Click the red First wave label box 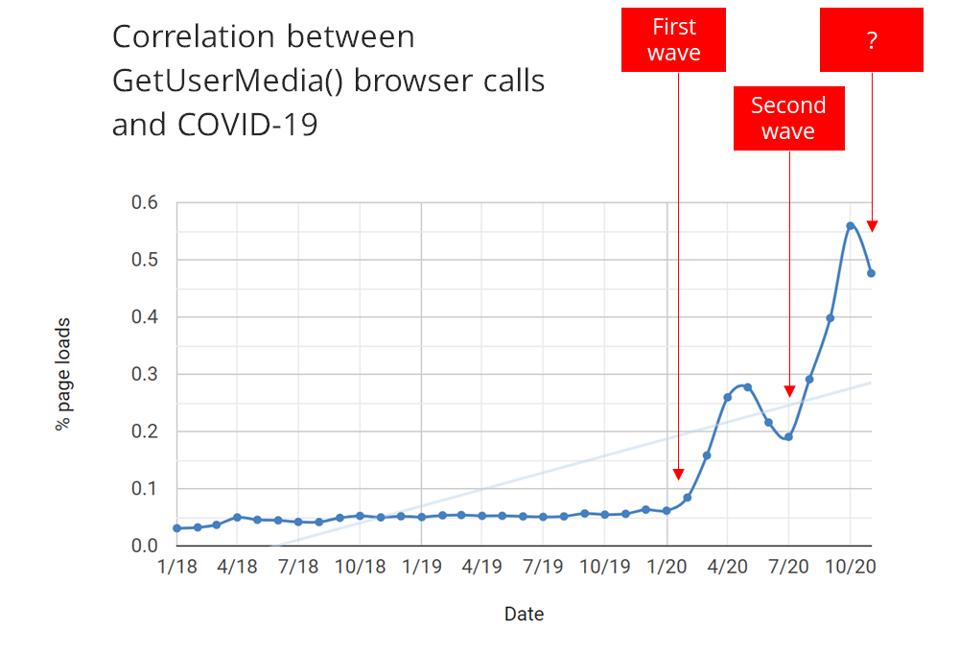(x=673, y=39)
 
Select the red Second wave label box (x=789, y=118)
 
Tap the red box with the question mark (x=872, y=39)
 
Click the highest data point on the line (x=850, y=225)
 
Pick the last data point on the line (x=871, y=273)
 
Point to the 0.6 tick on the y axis (x=145, y=202)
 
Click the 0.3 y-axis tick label (x=145, y=374)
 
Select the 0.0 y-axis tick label (x=145, y=546)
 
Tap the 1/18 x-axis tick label (x=177, y=567)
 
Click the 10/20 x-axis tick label (x=851, y=567)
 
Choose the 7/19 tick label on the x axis (x=543, y=567)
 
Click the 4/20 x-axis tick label (x=727, y=567)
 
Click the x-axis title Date (x=525, y=614)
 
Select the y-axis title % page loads (x=62, y=374)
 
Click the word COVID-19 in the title (x=247, y=125)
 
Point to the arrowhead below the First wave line (x=678, y=474)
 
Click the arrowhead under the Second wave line (x=789, y=391)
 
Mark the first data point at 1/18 (x=177, y=528)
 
